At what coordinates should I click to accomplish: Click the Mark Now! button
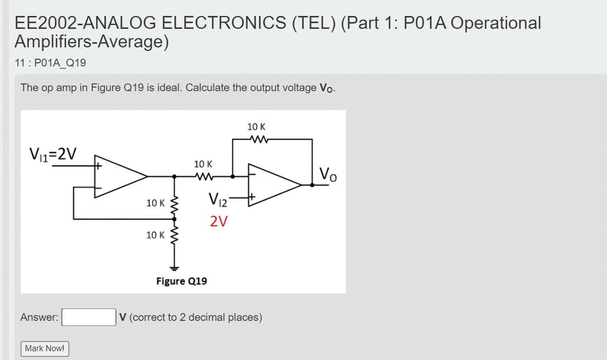(x=45, y=348)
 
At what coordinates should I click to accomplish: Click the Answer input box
(x=89, y=317)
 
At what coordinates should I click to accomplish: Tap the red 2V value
(x=218, y=221)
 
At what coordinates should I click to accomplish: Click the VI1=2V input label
(x=53, y=154)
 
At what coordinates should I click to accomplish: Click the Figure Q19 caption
(x=181, y=281)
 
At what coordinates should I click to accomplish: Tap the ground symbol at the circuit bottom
(x=174, y=268)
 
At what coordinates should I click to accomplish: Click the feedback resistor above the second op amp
(x=259, y=139)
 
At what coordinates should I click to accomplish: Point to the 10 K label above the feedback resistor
(x=256, y=127)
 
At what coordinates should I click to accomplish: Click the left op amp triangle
(x=121, y=177)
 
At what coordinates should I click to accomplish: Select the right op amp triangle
(x=275, y=185)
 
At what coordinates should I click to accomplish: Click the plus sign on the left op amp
(x=99, y=166)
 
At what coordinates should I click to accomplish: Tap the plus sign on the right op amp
(x=252, y=197)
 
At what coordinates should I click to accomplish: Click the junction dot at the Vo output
(x=312, y=185)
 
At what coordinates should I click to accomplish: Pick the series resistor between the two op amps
(x=204, y=177)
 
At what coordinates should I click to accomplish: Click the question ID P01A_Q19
(x=60, y=63)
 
